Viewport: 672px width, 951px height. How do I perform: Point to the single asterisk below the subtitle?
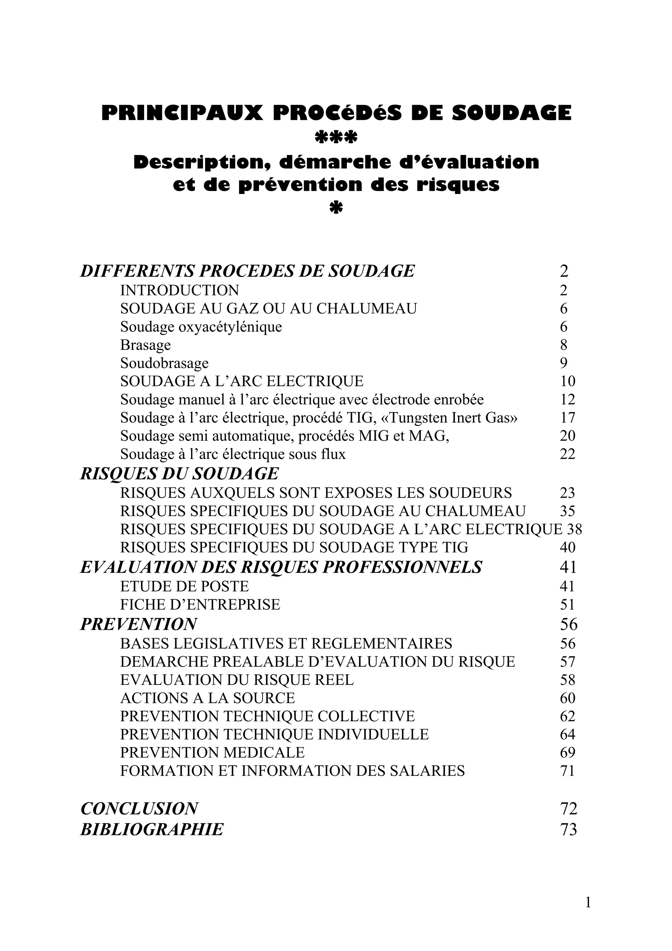click(x=336, y=208)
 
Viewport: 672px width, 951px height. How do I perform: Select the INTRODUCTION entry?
click(x=180, y=290)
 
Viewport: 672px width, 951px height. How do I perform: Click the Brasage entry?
click(x=145, y=345)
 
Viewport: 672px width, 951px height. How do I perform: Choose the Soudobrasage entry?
click(x=164, y=363)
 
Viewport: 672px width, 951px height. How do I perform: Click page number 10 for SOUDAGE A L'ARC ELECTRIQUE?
click(x=567, y=381)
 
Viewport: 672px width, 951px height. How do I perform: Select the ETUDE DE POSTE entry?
click(x=184, y=586)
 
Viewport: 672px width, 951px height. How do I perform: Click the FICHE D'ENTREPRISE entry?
click(x=200, y=605)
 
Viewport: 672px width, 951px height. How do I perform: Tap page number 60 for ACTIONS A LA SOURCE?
click(x=567, y=698)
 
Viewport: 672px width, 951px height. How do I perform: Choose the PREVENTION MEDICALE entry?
click(x=212, y=752)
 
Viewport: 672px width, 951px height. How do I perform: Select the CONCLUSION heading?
click(x=139, y=809)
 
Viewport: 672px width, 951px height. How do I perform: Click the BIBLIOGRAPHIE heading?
click(x=152, y=830)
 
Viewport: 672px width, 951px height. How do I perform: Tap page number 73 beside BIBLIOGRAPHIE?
click(x=568, y=830)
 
